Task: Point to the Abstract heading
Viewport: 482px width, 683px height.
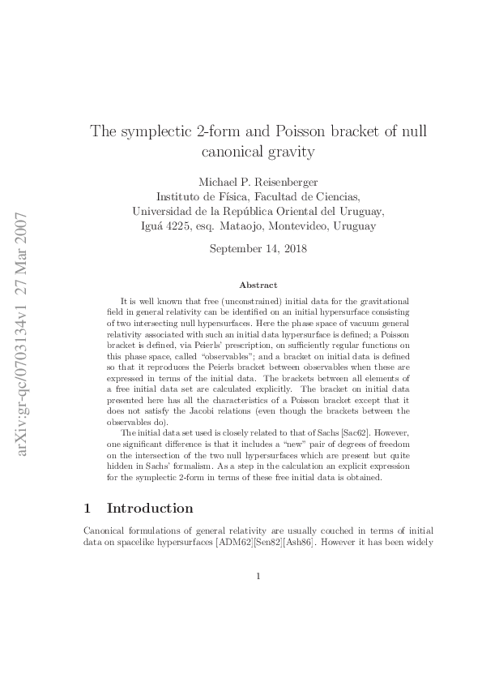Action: tap(258, 285)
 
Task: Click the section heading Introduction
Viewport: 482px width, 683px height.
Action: tap(150, 509)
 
